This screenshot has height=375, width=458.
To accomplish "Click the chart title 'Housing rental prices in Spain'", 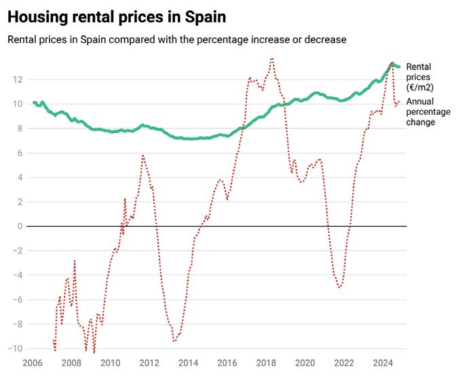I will [117, 16].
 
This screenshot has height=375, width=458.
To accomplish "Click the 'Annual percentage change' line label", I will [420, 112].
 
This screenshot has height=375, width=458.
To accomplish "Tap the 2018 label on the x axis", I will [266, 363].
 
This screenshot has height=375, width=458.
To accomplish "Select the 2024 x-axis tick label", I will [383, 363].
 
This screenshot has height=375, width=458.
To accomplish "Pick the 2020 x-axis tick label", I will [305, 363].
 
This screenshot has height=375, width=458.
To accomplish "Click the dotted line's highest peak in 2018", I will [272, 58].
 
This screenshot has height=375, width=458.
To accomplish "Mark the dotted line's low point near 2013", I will [174, 340].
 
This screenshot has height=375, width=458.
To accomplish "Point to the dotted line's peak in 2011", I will [143, 155].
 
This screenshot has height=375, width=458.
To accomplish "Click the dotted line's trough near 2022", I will [339, 287].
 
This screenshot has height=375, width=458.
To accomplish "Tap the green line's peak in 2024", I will [392, 64].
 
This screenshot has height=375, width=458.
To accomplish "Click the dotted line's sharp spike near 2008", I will [75, 260].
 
